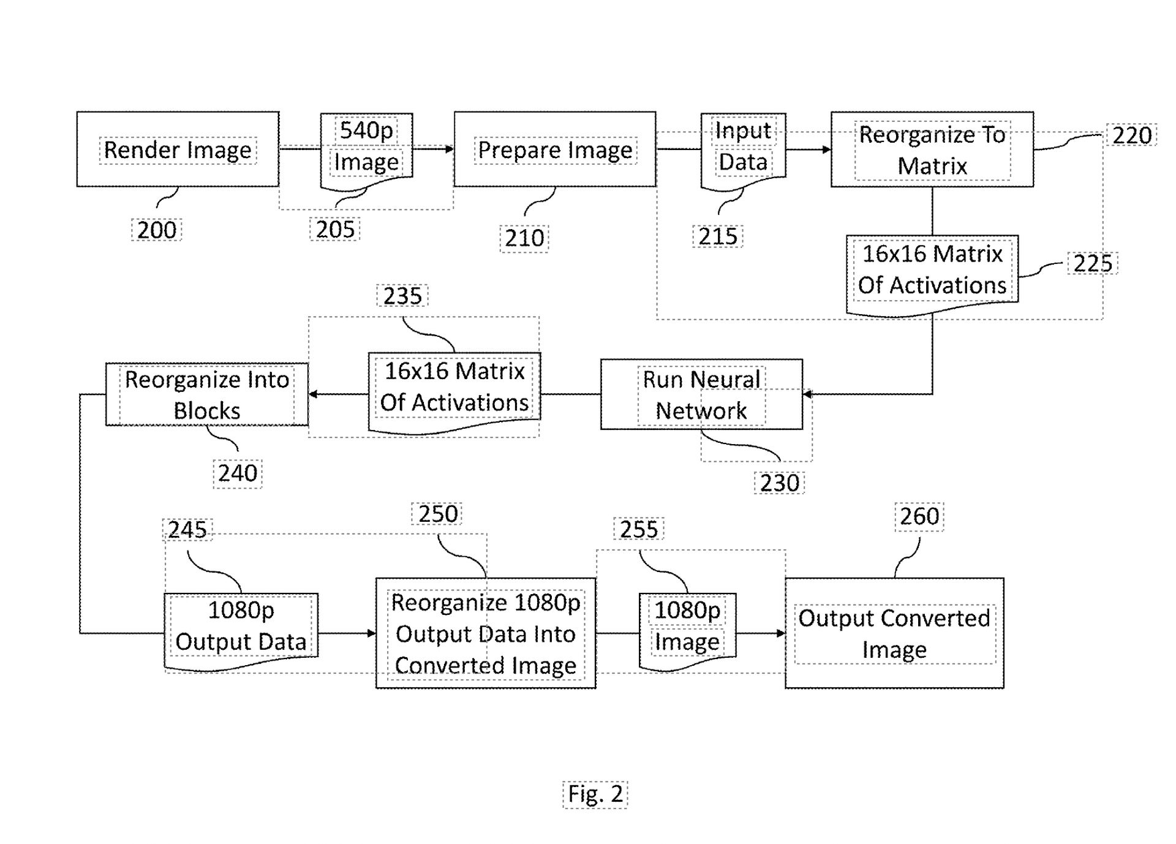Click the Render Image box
[x=178, y=149]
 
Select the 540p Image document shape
[x=366, y=147]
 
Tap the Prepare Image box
[x=555, y=149]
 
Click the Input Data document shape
[x=743, y=147]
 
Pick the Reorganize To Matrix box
[x=932, y=149]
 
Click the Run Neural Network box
[x=701, y=394]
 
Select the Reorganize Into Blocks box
[x=206, y=394]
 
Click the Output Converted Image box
[x=894, y=633]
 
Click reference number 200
[x=157, y=230]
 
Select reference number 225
[x=1092, y=263]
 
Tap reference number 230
[x=779, y=483]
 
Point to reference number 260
[x=919, y=516]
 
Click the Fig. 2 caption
[x=595, y=794]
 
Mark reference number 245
[x=187, y=529]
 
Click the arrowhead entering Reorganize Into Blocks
[x=312, y=394]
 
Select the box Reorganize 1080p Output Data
[x=486, y=633]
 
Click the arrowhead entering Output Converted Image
[x=781, y=633]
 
